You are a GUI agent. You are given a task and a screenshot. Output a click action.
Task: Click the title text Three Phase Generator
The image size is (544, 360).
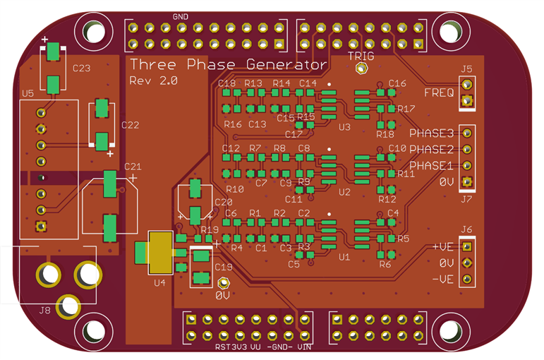(228, 65)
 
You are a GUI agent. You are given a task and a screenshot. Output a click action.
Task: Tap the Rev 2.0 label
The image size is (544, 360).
(153, 81)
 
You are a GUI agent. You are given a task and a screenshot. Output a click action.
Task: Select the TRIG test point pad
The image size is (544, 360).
(361, 69)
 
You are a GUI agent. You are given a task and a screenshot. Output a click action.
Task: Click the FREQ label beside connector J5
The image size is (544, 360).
(439, 93)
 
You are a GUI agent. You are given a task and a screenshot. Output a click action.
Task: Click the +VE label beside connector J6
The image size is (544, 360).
(442, 248)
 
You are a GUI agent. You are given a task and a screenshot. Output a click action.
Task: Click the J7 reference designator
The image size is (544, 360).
(466, 199)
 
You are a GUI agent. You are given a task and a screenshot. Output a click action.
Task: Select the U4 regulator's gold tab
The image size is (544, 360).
(160, 252)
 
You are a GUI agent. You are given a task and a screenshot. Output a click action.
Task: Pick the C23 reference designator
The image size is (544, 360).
(81, 69)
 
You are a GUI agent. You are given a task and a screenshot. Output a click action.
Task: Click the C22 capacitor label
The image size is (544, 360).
(131, 125)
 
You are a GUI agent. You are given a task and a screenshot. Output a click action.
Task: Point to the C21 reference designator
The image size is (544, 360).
(133, 167)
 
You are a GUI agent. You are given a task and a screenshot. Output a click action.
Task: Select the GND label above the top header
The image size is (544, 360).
(180, 16)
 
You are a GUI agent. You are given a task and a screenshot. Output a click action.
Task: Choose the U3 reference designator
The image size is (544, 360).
(344, 128)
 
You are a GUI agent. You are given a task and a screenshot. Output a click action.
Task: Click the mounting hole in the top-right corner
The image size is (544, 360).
(450, 31)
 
